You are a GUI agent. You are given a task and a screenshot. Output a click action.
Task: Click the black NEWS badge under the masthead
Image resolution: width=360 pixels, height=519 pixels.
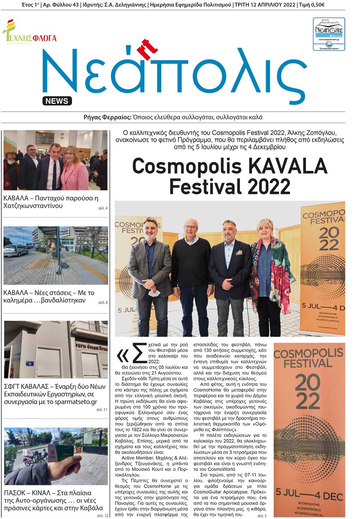57,101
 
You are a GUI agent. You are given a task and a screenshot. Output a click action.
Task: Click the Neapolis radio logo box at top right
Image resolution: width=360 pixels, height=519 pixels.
329,34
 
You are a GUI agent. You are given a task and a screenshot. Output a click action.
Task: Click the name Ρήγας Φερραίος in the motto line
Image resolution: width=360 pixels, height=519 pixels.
107,117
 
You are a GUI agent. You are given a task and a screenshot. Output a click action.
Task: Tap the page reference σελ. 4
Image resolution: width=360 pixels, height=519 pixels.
103,208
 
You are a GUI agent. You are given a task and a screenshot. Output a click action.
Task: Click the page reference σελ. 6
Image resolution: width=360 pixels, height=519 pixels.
103,302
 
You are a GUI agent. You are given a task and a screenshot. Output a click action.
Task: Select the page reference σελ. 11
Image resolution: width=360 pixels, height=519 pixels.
102,409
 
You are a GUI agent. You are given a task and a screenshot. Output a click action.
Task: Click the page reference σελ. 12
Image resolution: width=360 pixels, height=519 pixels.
102,516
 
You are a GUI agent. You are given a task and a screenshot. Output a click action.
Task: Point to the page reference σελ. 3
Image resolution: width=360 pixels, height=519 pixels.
262,516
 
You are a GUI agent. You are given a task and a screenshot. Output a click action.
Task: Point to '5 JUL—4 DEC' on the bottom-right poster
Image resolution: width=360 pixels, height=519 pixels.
309,495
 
